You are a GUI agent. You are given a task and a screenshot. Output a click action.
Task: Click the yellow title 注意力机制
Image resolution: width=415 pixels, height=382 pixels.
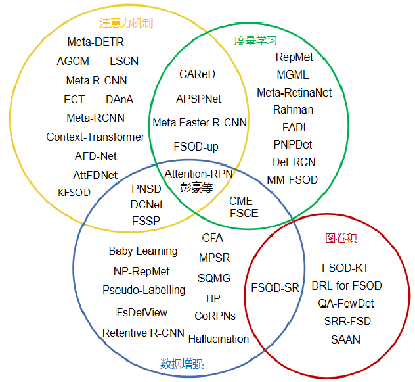[x=126, y=23]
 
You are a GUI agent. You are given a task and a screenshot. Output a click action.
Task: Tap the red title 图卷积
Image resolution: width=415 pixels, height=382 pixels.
[x=341, y=239]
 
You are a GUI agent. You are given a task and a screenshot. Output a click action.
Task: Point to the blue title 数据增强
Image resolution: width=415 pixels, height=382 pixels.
[x=182, y=364]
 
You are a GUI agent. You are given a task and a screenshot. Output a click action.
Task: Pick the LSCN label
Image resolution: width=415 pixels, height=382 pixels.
[x=124, y=62]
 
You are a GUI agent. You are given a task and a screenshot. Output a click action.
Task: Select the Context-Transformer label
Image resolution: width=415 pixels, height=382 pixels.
[x=95, y=137]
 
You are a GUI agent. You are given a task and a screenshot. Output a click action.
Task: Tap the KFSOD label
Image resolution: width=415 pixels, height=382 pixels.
[x=74, y=193]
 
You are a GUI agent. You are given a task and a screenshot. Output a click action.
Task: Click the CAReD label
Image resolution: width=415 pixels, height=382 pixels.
[x=197, y=74]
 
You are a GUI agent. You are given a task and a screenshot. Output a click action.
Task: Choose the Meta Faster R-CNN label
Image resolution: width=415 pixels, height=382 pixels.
[x=200, y=122]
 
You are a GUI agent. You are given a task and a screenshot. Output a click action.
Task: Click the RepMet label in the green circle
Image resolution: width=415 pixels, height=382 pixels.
[x=294, y=57]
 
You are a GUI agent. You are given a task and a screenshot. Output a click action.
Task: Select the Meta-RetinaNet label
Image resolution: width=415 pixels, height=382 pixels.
[x=294, y=93]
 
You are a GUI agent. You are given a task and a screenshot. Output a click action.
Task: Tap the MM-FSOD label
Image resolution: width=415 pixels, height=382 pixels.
[x=292, y=179]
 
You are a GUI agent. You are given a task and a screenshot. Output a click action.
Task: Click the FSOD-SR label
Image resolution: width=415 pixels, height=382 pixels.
[x=276, y=288]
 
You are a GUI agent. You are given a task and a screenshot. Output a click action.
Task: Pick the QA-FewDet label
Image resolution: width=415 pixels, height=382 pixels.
[x=346, y=303]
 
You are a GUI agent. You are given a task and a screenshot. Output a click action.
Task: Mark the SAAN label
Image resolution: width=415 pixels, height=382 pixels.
[x=346, y=340]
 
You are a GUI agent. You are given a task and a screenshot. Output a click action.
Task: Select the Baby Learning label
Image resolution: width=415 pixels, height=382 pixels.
[x=143, y=251]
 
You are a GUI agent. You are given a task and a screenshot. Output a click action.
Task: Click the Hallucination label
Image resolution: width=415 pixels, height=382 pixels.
[x=219, y=339]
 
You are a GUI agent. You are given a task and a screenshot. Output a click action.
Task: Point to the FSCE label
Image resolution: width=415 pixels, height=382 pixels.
[x=244, y=213]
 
